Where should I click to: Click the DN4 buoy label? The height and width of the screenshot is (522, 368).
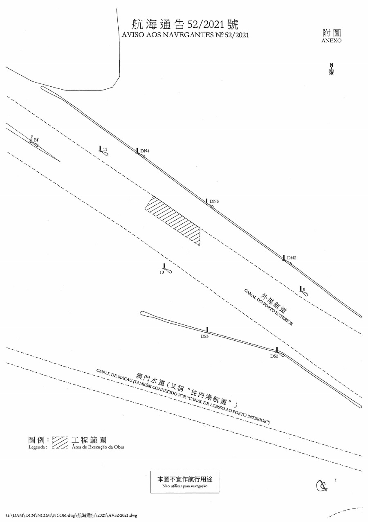[x=145, y=151]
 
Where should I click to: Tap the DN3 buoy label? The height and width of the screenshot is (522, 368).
[x=215, y=201]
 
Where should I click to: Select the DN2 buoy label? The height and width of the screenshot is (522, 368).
[x=292, y=258]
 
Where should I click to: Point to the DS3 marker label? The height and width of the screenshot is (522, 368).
[x=205, y=336]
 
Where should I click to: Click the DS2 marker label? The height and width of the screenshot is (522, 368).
[x=274, y=356]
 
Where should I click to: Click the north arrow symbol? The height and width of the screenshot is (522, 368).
[x=332, y=70]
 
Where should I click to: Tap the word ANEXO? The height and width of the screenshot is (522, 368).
[x=332, y=40]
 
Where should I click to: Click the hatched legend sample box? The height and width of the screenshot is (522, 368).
[x=60, y=443]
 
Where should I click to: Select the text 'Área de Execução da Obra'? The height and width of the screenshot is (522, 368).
[x=98, y=447]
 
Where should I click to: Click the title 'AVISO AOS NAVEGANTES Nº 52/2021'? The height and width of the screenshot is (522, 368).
[x=185, y=35]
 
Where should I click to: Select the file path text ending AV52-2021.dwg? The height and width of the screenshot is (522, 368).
[x=72, y=515]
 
